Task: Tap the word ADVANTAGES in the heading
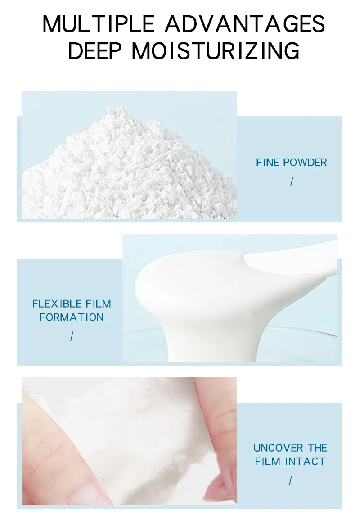[245, 24]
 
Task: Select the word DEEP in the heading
[94, 51]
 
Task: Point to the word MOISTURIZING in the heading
[216, 51]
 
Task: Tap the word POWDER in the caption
[305, 162]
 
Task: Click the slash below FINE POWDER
[292, 181]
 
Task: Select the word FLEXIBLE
[57, 304]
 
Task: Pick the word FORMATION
[72, 317]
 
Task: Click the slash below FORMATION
[72, 337]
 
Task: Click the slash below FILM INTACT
[290, 481]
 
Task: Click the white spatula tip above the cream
[290, 259]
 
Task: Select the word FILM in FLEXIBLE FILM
[98, 304]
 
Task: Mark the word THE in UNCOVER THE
[318, 448]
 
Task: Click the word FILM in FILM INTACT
[268, 461]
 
